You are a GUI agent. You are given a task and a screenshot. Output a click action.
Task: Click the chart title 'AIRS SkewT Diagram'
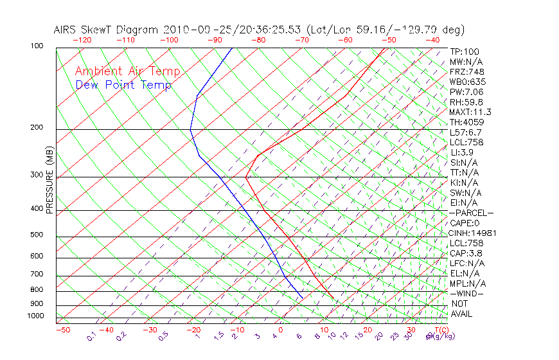coord(107,30)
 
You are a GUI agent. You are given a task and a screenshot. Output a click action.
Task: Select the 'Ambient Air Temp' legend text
coord(128,71)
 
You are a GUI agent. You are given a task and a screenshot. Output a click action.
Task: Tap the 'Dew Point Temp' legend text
coord(123,85)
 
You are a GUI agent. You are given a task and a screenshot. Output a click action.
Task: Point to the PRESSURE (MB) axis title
coord(49,180)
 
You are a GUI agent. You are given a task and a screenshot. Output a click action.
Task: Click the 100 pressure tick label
coord(37,46)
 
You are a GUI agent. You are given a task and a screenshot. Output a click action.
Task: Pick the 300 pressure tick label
coord(37,175)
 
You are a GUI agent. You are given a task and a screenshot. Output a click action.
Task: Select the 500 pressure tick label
coord(37,235)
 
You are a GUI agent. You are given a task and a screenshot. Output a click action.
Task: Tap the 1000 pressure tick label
coord(35,316)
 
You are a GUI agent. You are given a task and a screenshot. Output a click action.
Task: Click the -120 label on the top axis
coord(82,40)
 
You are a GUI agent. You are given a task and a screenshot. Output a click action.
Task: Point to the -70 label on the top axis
coord(301,40)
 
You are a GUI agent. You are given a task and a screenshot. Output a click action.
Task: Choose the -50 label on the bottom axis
coord(62,330)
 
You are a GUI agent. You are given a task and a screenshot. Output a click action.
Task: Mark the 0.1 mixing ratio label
coord(92,336)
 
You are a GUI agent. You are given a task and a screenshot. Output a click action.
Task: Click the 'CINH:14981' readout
coord(473,233)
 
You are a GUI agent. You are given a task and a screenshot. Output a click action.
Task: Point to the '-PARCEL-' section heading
coord(472,213)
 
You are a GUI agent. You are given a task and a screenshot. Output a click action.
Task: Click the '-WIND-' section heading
coord(466,293)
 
